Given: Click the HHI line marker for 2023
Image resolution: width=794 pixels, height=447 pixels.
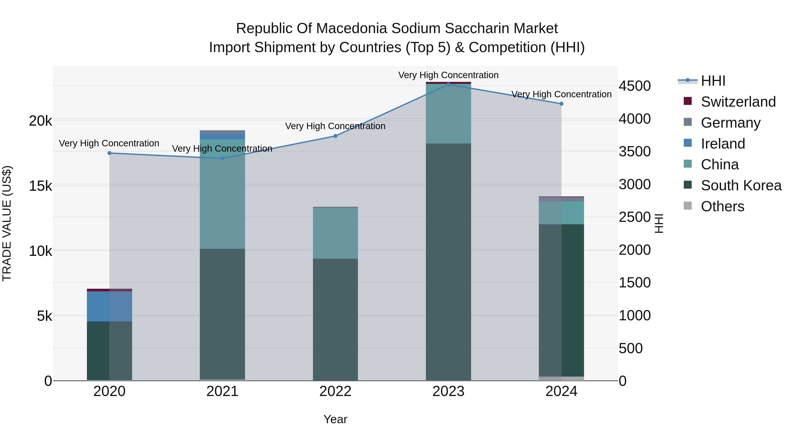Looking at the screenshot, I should coord(448,84).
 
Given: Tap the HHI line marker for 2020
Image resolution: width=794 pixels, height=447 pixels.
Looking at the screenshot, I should coord(109,153).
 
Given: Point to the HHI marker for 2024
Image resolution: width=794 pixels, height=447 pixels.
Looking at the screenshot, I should coord(561,104).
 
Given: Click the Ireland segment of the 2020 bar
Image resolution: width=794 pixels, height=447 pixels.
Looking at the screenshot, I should coord(109,306).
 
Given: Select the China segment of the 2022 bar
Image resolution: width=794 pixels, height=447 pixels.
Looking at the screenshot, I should coord(335,233).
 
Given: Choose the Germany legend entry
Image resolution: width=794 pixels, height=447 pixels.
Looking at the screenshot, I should coord(730,123).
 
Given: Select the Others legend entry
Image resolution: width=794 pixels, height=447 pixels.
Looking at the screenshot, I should coord(722,206).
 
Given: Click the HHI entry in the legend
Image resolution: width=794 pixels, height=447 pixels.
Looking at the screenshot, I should coord(713,81).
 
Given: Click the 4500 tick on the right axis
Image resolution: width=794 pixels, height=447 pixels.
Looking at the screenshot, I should coord(635,86).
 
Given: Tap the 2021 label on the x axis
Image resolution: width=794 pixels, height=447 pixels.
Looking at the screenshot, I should coord(222,391).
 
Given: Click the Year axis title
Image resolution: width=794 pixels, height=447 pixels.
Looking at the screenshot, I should coord(335,419).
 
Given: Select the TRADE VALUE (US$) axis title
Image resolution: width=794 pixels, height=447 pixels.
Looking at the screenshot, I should coord(7,223).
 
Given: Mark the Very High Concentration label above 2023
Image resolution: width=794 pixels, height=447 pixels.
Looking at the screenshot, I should coord(448,75).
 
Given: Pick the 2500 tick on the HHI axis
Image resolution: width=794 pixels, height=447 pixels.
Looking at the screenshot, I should coord(635,217).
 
